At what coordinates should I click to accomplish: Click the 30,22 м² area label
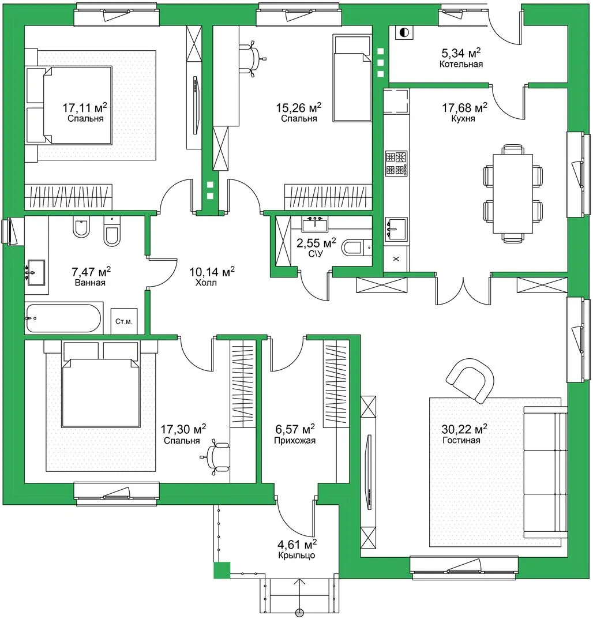pyautogui.click(x=464, y=429)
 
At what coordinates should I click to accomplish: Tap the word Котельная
pyautogui.click(x=461, y=65)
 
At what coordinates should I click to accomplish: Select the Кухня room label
pyautogui.click(x=463, y=118)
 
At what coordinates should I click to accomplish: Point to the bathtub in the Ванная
pyautogui.click(x=63, y=318)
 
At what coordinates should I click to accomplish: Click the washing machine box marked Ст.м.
pyautogui.click(x=124, y=321)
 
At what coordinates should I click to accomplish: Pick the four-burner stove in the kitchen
pyautogui.click(x=396, y=163)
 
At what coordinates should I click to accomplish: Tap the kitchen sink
pyautogui.click(x=396, y=229)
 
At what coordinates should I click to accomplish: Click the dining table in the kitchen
pyautogui.click(x=512, y=194)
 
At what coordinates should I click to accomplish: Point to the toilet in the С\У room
pyautogui.click(x=357, y=247)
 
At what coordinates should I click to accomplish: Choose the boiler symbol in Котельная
pyautogui.click(x=404, y=32)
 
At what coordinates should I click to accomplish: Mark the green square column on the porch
pyautogui.click(x=222, y=570)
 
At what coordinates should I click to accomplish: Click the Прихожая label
pyautogui.click(x=295, y=440)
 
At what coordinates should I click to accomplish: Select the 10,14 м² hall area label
pyautogui.click(x=212, y=272)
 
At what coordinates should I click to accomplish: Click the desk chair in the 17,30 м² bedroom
pyautogui.click(x=215, y=457)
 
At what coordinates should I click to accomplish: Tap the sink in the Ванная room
pyautogui.click(x=36, y=272)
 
